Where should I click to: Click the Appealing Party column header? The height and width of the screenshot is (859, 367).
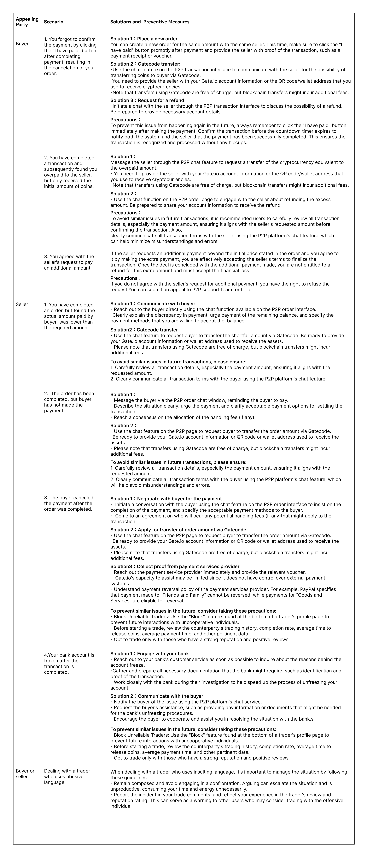tap(27, 22)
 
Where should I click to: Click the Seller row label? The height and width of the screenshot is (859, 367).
tap(22, 304)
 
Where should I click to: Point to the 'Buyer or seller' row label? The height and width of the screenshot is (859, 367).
tap(25, 774)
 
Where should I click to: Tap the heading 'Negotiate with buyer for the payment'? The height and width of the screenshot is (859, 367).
tap(180, 499)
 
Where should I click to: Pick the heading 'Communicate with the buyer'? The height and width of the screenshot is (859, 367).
tap(170, 696)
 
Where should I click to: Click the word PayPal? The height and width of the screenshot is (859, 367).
tap(308, 589)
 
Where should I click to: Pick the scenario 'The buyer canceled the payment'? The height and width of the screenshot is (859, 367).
tap(68, 503)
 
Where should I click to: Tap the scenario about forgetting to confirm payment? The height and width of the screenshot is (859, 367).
tap(70, 56)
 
